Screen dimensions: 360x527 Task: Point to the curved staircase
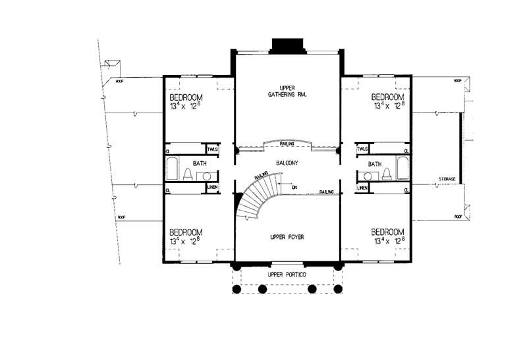[254, 197]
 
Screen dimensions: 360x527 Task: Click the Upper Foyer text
[286, 236]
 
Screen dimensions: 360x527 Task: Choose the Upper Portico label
[286, 274]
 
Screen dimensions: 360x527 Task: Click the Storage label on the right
[451, 179]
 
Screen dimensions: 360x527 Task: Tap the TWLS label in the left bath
[212, 149]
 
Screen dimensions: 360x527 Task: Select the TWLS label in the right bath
[362, 149]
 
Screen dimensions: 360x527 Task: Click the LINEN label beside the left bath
[212, 188]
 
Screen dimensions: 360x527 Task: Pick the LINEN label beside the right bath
[362, 188]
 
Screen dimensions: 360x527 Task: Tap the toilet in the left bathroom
[187, 174]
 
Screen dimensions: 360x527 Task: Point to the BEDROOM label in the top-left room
[186, 96]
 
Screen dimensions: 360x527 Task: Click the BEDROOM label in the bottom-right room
[387, 232]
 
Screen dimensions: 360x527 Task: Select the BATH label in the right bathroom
[375, 164]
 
